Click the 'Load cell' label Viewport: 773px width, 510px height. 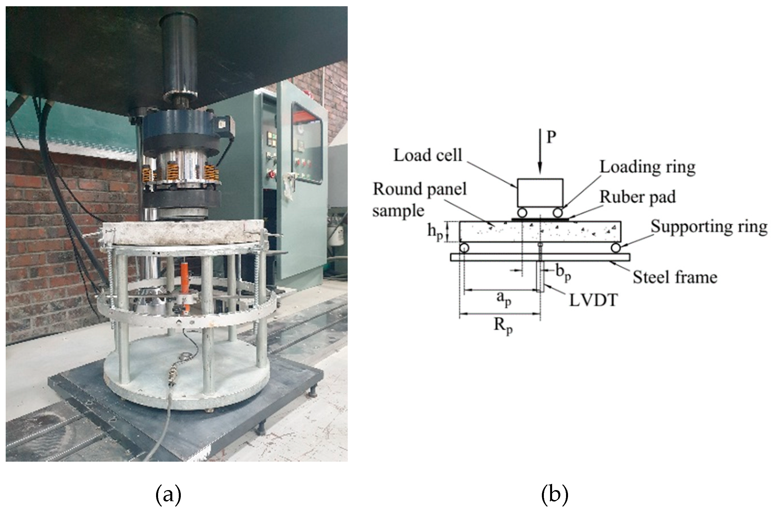[x=427, y=156]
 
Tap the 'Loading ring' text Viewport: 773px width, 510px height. [x=647, y=167]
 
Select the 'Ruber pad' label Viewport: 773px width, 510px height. [x=637, y=197]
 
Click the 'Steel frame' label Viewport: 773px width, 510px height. [x=675, y=277]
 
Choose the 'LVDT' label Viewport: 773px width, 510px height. [x=593, y=300]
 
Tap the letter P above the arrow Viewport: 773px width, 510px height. [x=551, y=137]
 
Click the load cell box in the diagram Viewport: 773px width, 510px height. [x=540, y=193]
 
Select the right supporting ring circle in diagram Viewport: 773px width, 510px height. [x=616, y=248]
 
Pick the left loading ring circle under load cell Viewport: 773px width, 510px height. [x=522, y=213]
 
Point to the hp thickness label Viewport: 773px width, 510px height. [x=435, y=232]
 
